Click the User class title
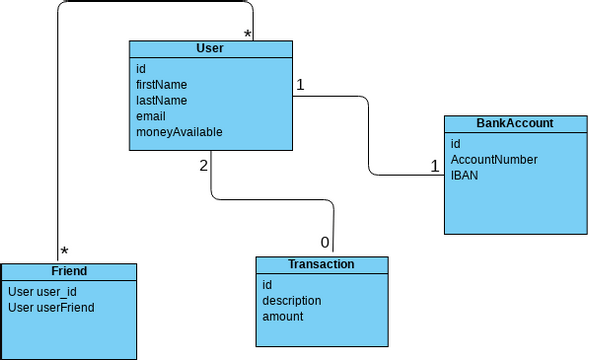coord(210,48)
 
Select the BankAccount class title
coord(515,123)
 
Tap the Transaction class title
coord(320,264)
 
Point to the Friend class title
coord(68,271)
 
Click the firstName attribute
coord(162,85)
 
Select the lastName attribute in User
coord(161,100)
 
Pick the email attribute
coord(151,116)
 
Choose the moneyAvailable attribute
coord(179,132)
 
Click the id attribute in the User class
coord(141,69)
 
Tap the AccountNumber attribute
coord(494,159)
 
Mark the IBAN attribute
coord(464,175)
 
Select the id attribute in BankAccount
coord(455,144)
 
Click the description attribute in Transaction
coord(291,300)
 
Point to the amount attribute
coord(282,316)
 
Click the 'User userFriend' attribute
coord(50,307)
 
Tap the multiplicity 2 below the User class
coord(204,165)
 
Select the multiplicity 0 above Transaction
coord(324,243)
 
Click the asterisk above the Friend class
coord(64,252)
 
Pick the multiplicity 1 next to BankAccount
coord(435,166)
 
